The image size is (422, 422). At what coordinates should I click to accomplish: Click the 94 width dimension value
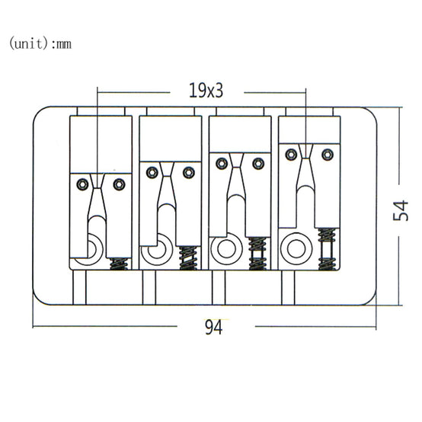pos(214,327)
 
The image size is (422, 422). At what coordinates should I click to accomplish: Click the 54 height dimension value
pos(401,211)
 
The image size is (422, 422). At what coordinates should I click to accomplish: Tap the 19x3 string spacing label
pos(206,90)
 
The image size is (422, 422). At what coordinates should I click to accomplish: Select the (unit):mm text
pos(40,43)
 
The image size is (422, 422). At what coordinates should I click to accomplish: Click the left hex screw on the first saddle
pos(82,184)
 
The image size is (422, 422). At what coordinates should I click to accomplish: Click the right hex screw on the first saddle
pos(119,184)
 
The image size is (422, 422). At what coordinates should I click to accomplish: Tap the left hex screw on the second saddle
pos(152,172)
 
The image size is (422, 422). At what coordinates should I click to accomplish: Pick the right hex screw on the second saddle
pos(189,172)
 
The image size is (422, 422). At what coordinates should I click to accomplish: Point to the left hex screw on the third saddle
pos(222,163)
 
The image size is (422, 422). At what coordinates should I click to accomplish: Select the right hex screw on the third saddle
pos(258,163)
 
